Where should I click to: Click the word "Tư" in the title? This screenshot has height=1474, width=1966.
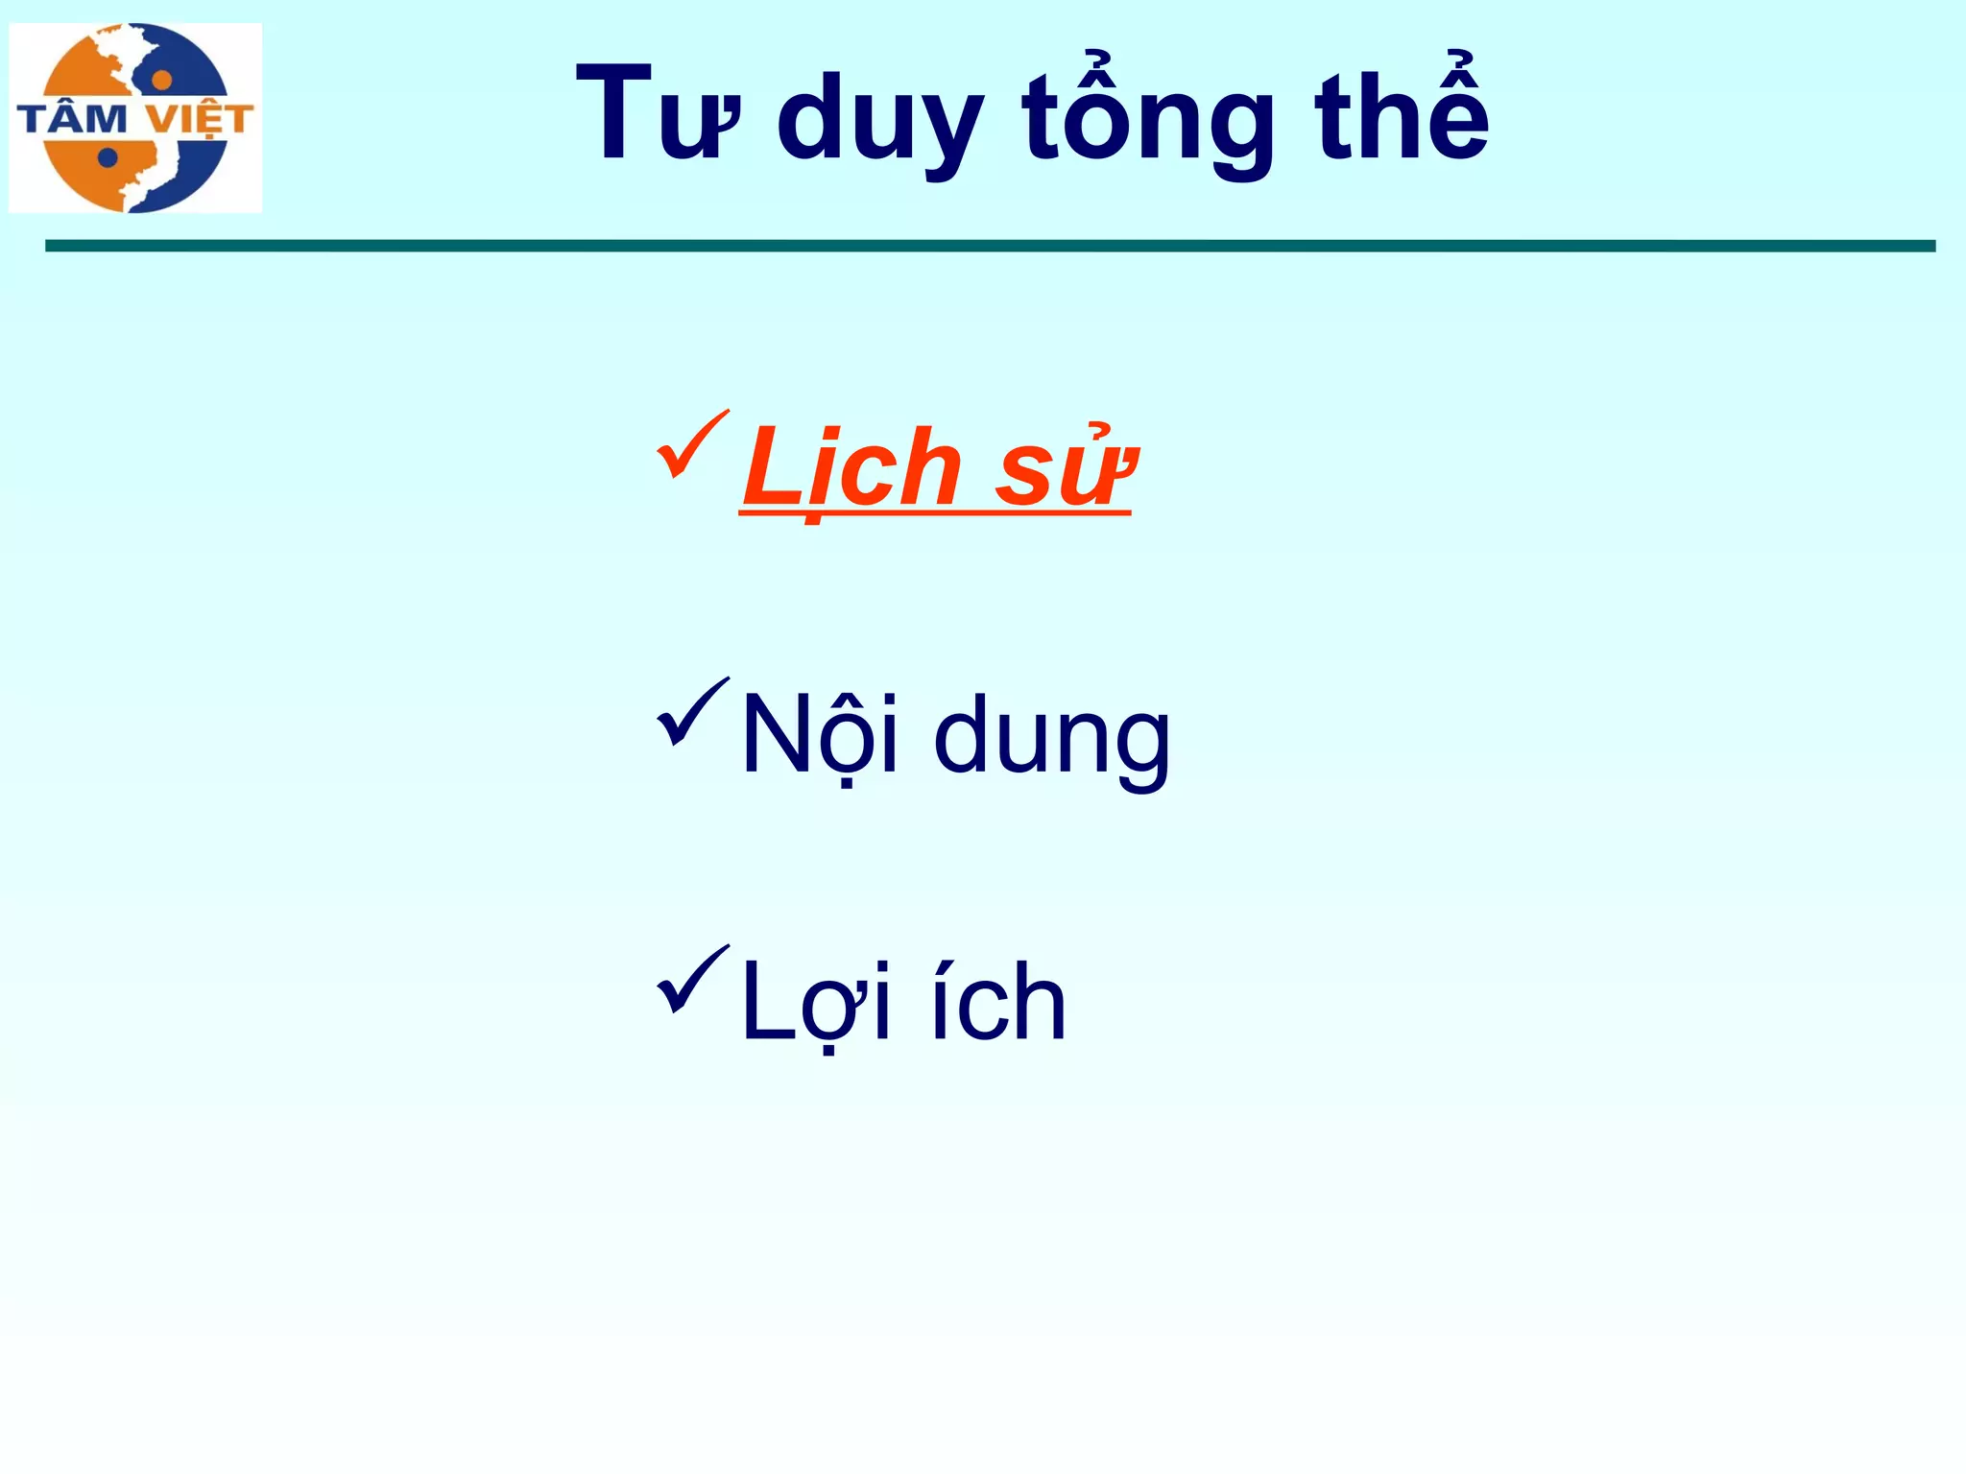[x=658, y=115]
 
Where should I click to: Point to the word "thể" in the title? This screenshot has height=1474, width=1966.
[x=1402, y=110]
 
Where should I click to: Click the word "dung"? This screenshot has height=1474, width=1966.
[x=1052, y=739]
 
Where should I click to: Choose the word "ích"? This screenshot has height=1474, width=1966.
[x=998, y=1002]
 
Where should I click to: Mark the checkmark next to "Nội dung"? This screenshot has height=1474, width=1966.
[x=692, y=711]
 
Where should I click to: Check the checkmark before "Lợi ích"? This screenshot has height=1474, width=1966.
[x=692, y=979]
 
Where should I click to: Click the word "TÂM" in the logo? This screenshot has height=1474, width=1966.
[x=73, y=119]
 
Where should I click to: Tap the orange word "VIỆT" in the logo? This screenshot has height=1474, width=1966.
[x=200, y=120]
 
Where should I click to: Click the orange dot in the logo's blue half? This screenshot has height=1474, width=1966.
[x=162, y=79]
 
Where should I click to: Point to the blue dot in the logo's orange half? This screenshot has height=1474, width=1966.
[x=108, y=157]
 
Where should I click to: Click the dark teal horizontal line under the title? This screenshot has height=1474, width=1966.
[x=989, y=246]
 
